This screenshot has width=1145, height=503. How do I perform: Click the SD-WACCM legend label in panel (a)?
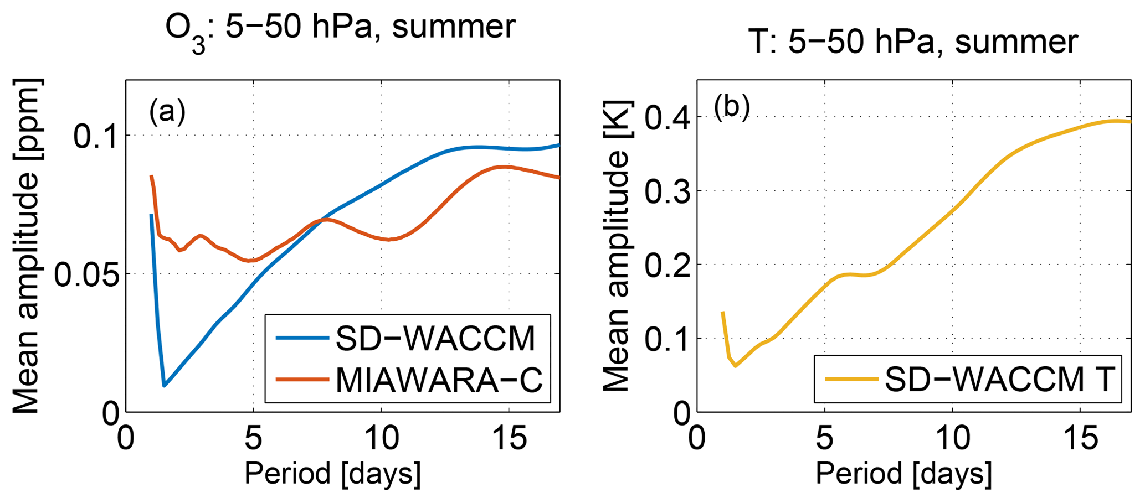pyautogui.click(x=435, y=338)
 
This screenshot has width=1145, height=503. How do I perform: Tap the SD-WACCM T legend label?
pyautogui.click(x=999, y=379)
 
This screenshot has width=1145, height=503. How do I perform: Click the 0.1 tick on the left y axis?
pyautogui.click(x=96, y=136)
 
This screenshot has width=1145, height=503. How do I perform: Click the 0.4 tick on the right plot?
pyautogui.click(x=666, y=118)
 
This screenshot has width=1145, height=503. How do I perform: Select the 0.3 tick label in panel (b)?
pyautogui.click(x=666, y=191)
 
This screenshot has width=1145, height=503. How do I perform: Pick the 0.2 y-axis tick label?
pyautogui.click(x=666, y=265)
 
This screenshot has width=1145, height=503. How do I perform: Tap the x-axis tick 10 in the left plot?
pyautogui.click(x=381, y=439)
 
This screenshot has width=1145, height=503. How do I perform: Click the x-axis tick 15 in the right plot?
pyautogui.click(x=1080, y=439)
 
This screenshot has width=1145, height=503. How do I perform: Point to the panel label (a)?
pyautogui.click(x=167, y=111)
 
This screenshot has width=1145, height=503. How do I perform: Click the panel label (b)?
pyautogui.click(x=731, y=106)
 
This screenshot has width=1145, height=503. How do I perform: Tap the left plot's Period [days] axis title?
pyautogui.click(x=332, y=474)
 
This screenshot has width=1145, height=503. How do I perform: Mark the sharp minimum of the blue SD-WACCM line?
pyautogui.click(x=164, y=385)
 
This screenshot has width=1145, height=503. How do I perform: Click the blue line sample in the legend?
pyautogui.click(x=302, y=338)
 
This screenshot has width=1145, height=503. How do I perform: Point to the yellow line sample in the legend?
pyautogui.click(x=852, y=379)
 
